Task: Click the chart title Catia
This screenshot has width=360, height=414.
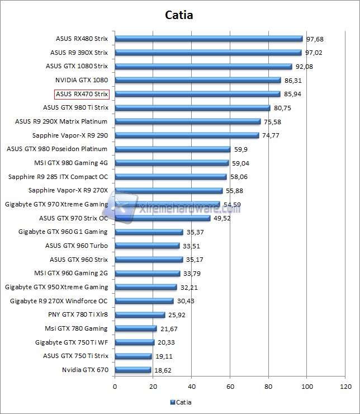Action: point(179,15)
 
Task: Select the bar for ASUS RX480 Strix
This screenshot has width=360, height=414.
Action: point(209,39)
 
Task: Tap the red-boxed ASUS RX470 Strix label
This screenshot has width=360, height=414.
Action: point(82,94)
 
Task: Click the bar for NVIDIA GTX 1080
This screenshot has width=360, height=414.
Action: point(197,81)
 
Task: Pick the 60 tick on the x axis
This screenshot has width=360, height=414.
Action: point(230,386)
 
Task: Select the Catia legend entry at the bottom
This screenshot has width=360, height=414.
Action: point(181,402)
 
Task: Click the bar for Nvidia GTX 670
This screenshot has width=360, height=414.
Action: point(133,370)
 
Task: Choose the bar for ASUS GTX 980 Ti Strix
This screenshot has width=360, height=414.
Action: point(192,108)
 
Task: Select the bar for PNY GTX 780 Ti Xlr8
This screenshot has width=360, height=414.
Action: point(140,315)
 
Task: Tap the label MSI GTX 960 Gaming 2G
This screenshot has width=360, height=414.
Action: point(71,273)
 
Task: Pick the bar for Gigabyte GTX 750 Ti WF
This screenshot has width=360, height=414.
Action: point(134,342)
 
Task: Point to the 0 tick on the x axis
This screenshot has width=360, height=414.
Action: point(115,386)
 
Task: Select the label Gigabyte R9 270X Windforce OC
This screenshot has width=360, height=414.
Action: point(59,301)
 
